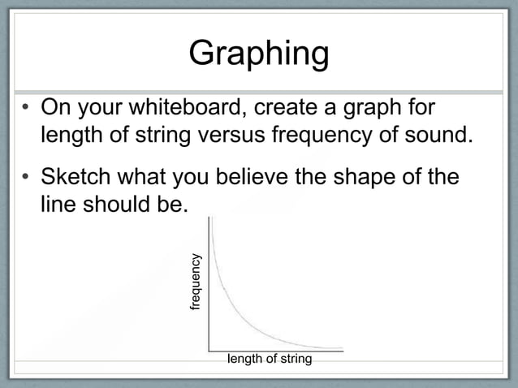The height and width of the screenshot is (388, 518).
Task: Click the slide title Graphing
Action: tap(258, 54)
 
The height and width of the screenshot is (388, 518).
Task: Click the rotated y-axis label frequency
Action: tap(195, 282)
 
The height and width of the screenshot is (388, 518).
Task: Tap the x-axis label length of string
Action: tap(269, 358)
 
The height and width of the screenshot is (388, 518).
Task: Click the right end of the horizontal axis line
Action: tap(343, 351)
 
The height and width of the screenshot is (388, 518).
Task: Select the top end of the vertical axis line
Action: tap(209, 218)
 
